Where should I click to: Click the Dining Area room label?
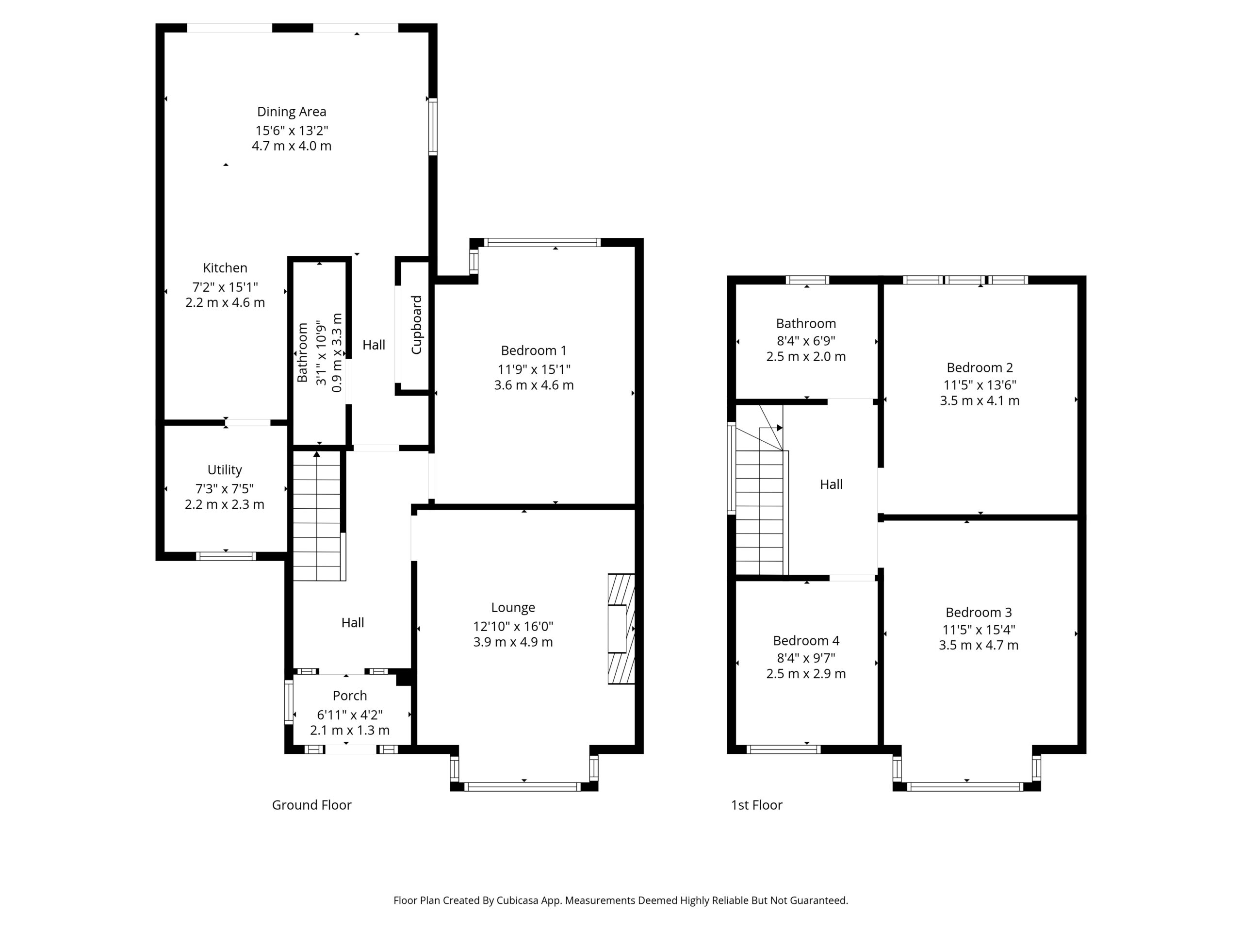292,112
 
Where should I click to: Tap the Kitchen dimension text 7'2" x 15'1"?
225,287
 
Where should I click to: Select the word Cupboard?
417,325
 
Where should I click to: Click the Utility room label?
225,470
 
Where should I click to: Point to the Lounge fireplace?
621,629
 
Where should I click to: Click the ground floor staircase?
317,516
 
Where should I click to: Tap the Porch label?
350,696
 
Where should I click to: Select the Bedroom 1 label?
533,350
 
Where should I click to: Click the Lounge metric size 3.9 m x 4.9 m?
513,642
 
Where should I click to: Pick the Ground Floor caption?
311,805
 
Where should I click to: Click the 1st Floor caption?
756,805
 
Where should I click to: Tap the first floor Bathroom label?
806,324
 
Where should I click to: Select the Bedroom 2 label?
980,368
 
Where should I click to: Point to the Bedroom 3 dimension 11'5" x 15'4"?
979,630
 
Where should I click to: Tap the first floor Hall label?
831,484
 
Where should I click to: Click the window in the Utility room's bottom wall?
226,556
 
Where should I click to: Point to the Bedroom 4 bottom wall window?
783,749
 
